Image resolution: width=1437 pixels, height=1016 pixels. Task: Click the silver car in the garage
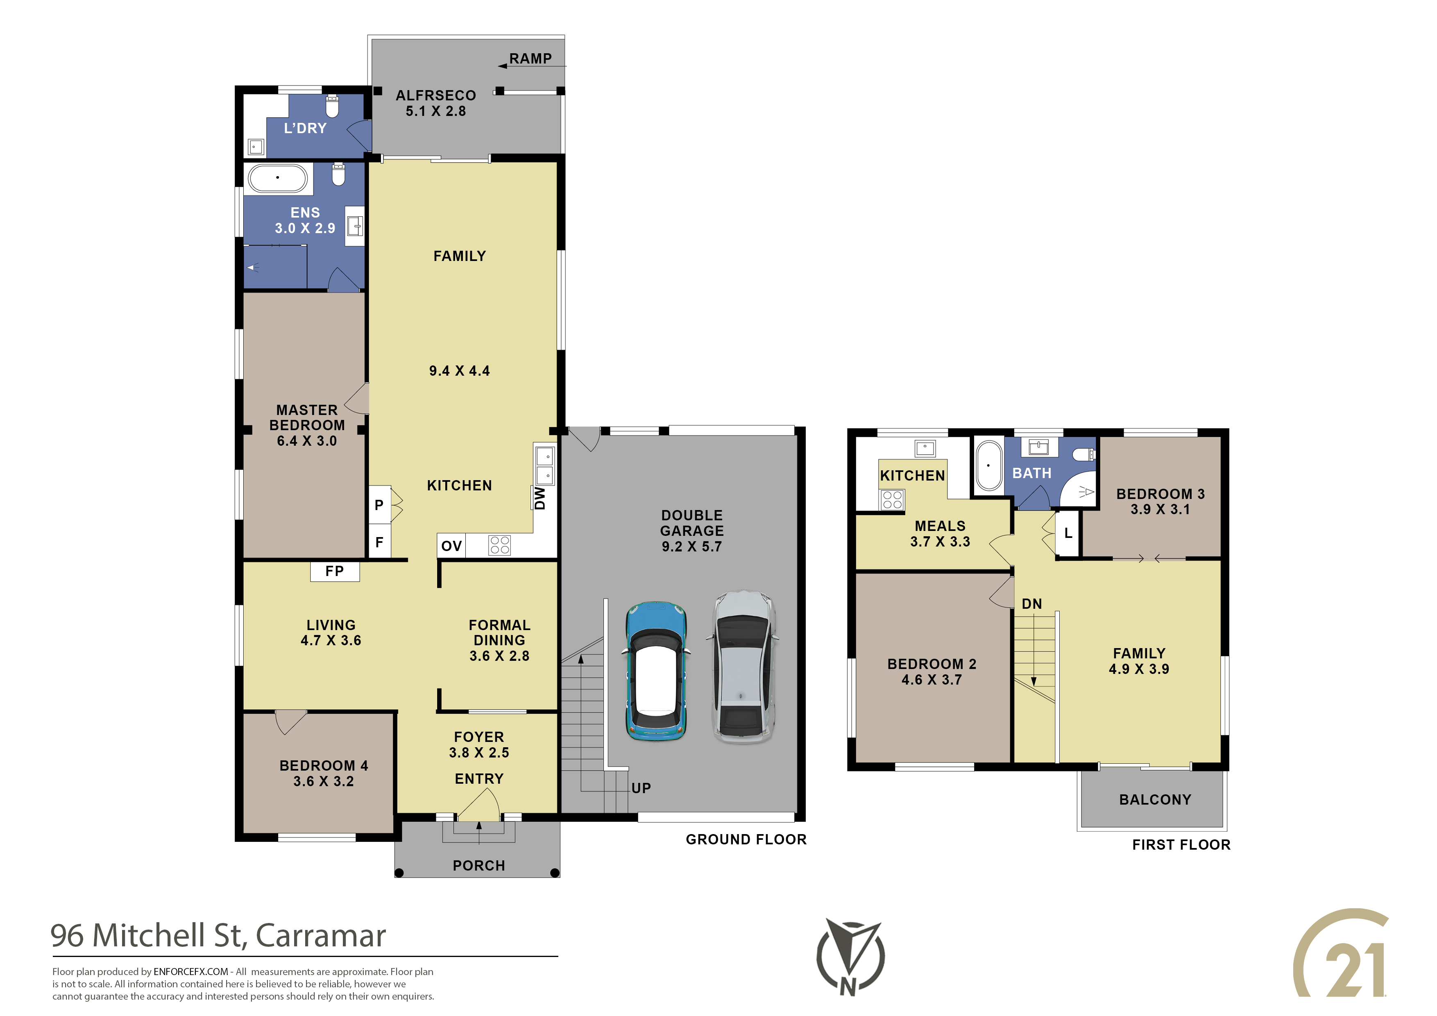743,667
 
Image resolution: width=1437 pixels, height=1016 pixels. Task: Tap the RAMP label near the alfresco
530,58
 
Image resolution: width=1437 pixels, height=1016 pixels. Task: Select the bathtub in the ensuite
278,178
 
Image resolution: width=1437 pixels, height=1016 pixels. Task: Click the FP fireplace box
335,571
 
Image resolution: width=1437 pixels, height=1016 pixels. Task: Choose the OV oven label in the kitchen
451,545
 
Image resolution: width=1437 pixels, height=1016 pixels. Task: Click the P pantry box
379,505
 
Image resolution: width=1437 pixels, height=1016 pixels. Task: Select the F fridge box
379,542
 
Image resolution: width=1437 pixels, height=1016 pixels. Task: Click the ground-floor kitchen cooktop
499,545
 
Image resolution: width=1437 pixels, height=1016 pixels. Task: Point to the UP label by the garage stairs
641,788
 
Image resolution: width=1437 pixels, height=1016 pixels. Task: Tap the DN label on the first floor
1031,604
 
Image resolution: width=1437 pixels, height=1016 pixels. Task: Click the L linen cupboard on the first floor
1068,533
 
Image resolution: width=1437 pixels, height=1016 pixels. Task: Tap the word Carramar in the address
320,935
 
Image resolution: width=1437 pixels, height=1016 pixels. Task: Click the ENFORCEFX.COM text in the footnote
191,972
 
